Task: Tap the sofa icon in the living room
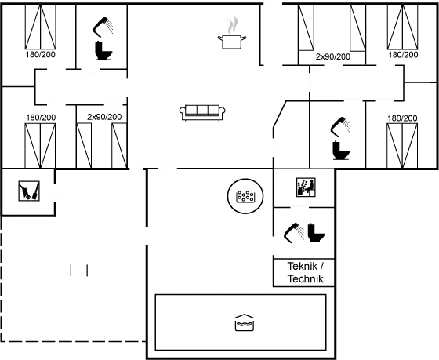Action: [x=202, y=113]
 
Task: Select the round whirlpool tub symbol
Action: [x=245, y=196]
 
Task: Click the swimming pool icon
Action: [x=244, y=322]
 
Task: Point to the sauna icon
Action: [x=306, y=187]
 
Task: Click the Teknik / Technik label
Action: [x=305, y=272]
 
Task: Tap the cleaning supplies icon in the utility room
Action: [x=29, y=191]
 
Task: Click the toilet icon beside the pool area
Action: [x=316, y=233]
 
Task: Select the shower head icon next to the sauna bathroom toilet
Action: [x=294, y=232]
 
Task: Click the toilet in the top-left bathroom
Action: [x=103, y=51]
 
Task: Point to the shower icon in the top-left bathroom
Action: [x=103, y=27]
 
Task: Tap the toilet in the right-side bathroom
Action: [x=341, y=151]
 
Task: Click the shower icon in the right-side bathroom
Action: [x=341, y=126]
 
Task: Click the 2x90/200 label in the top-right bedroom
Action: [x=333, y=57]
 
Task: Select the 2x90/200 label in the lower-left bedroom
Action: [x=104, y=117]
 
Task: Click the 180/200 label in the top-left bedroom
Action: [x=40, y=54]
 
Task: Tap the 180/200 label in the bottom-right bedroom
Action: [x=402, y=118]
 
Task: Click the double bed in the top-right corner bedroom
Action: [x=403, y=27]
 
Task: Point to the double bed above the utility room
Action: [x=40, y=146]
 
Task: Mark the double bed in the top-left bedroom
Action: [x=41, y=27]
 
